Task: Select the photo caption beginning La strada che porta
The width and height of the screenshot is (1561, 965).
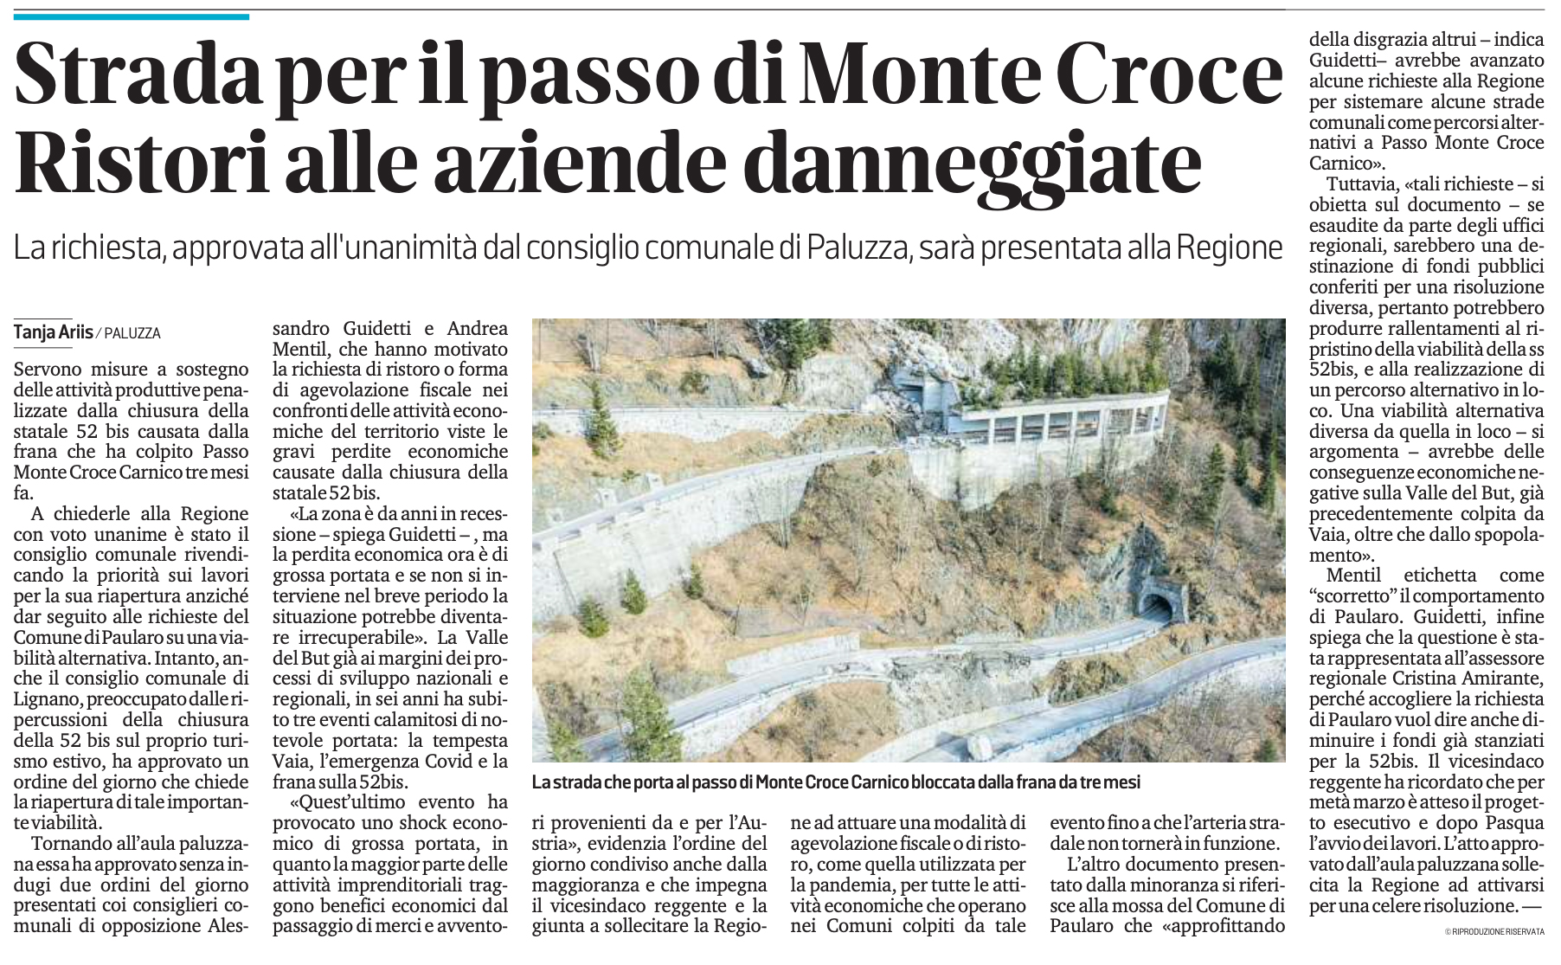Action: [x=836, y=782]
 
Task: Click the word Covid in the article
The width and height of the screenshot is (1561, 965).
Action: [x=443, y=762]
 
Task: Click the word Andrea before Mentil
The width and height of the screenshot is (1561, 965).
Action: [x=477, y=329]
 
